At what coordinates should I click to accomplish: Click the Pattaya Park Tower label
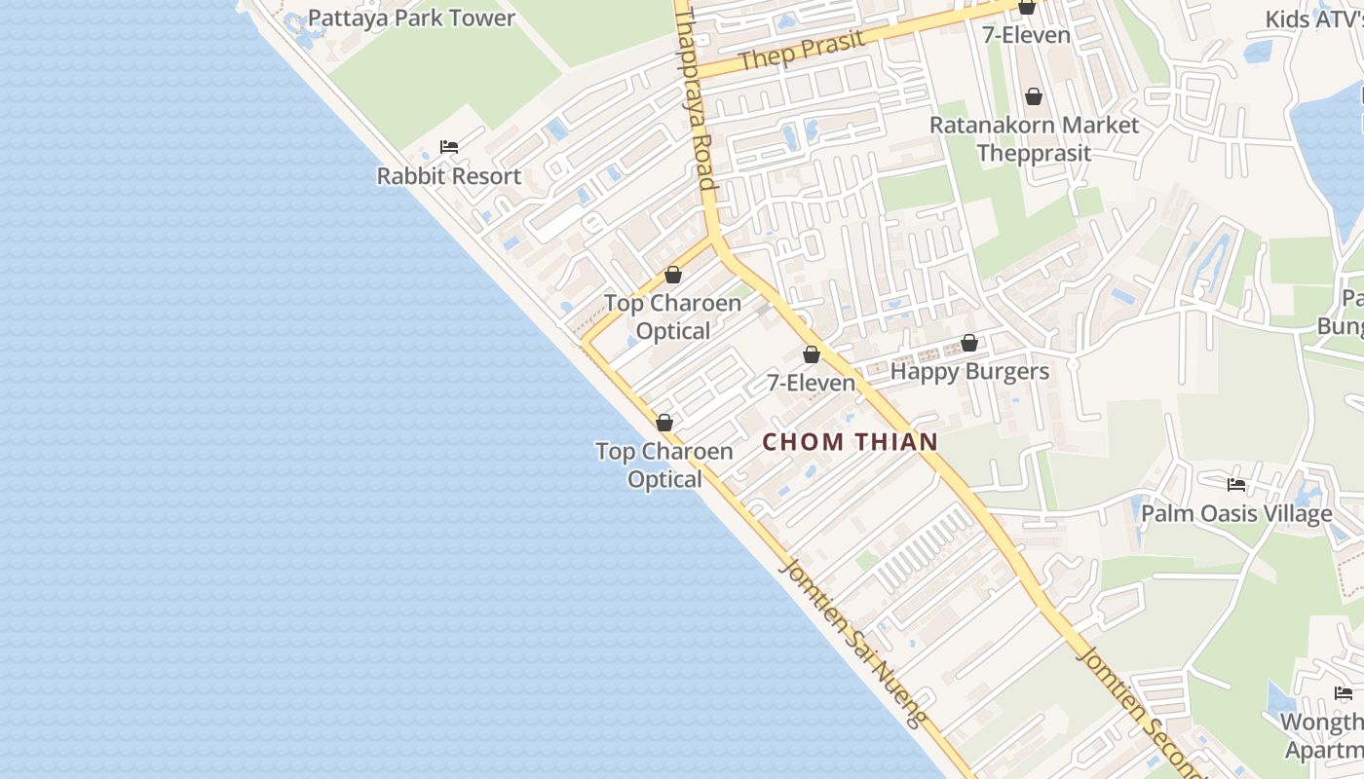411,19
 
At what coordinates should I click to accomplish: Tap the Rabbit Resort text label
449,176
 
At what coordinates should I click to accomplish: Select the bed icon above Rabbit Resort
449,147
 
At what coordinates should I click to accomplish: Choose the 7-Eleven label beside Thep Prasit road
1027,35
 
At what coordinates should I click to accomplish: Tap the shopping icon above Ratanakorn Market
1034,97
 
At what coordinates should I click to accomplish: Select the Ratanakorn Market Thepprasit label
1034,139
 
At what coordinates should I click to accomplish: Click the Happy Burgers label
969,371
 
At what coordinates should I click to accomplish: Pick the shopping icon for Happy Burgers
969,343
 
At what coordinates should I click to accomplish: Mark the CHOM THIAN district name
850,442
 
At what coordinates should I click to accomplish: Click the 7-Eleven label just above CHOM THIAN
811,383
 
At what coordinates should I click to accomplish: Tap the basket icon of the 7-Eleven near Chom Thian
811,354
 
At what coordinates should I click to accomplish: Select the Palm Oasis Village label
1236,513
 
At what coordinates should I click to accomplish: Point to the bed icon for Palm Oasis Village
1236,484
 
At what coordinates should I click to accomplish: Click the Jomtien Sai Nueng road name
852,643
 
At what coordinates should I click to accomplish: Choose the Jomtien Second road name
1140,711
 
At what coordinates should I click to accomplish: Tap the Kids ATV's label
1314,19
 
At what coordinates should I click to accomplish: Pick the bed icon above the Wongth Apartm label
1344,693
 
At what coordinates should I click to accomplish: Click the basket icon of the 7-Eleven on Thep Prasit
1027,8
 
